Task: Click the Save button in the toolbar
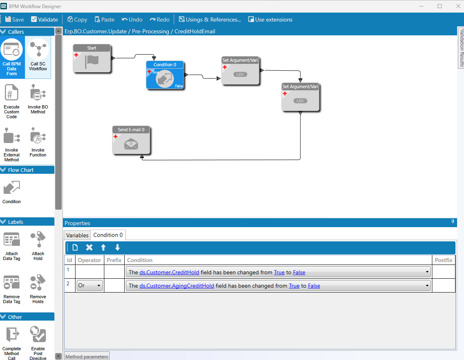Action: [x=15, y=20]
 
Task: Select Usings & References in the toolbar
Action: [x=210, y=20]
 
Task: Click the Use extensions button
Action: [x=270, y=20]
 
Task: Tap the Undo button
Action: [x=132, y=20]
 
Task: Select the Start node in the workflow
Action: [x=92, y=59]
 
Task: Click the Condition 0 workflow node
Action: [x=165, y=75]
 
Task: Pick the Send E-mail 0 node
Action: [x=131, y=140]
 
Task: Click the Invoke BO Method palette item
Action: [x=38, y=99]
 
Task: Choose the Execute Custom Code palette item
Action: [x=11, y=101]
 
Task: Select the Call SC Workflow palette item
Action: [x=38, y=55]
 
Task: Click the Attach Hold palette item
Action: [x=38, y=246]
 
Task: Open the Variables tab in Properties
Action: [x=77, y=235]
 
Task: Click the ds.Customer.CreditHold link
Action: [x=169, y=272]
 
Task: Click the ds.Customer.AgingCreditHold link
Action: [x=177, y=286]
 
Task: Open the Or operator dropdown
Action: [x=89, y=285]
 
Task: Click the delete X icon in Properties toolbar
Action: [x=89, y=247]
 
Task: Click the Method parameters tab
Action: [x=87, y=356]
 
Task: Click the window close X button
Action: [x=458, y=6]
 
